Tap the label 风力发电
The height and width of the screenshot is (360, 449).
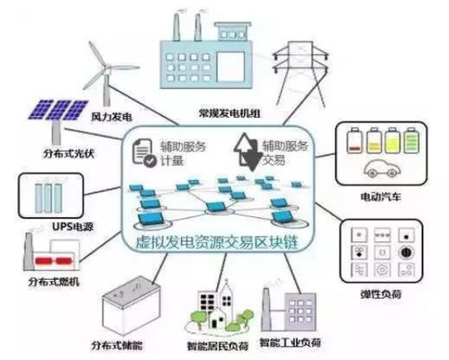point(112,117)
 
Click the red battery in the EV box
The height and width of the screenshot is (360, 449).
point(352,140)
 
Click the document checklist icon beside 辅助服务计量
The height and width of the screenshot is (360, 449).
point(145,154)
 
